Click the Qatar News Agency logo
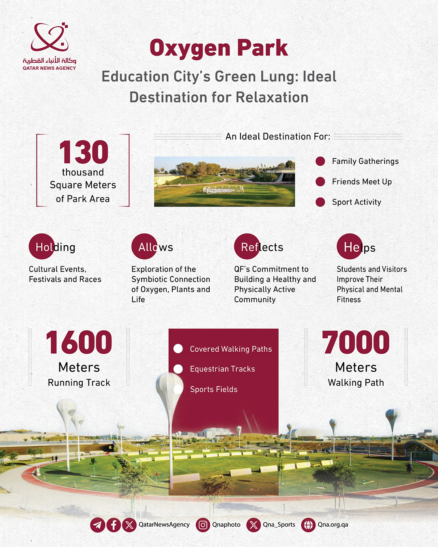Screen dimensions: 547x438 pyautogui.click(x=49, y=46)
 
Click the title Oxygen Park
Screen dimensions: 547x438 pyautogui.click(x=219, y=48)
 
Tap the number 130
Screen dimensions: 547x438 pyautogui.click(x=84, y=152)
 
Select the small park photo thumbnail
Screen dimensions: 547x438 pyautogui.click(x=224, y=182)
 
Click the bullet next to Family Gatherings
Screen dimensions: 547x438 pyautogui.click(x=320, y=161)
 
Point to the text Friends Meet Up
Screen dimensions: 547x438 pyautogui.click(x=362, y=182)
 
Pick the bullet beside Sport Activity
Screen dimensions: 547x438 pyautogui.click(x=320, y=202)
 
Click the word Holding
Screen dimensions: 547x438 pyautogui.click(x=55, y=247)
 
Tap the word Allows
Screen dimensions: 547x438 pyautogui.click(x=156, y=247)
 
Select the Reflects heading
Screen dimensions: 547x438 pyautogui.click(x=262, y=247)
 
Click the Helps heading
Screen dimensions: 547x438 pyautogui.click(x=359, y=247)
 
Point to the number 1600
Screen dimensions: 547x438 pyautogui.click(x=79, y=342)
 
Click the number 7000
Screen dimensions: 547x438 pyautogui.click(x=356, y=342)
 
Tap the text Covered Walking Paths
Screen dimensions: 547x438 pyautogui.click(x=231, y=349)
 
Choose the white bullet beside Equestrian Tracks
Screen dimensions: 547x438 pyautogui.click(x=178, y=369)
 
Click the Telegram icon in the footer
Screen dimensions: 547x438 pyautogui.click(x=98, y=525)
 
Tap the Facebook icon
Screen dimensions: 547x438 pyautogui.click(x=114, y=525)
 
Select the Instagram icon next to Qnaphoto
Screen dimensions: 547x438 pyautogui.click(x=203, y=525)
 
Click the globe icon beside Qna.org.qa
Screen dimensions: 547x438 pyautogui.click(x=309, y=525)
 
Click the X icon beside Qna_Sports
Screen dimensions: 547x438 pyautogui.click(x=253, y=525)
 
